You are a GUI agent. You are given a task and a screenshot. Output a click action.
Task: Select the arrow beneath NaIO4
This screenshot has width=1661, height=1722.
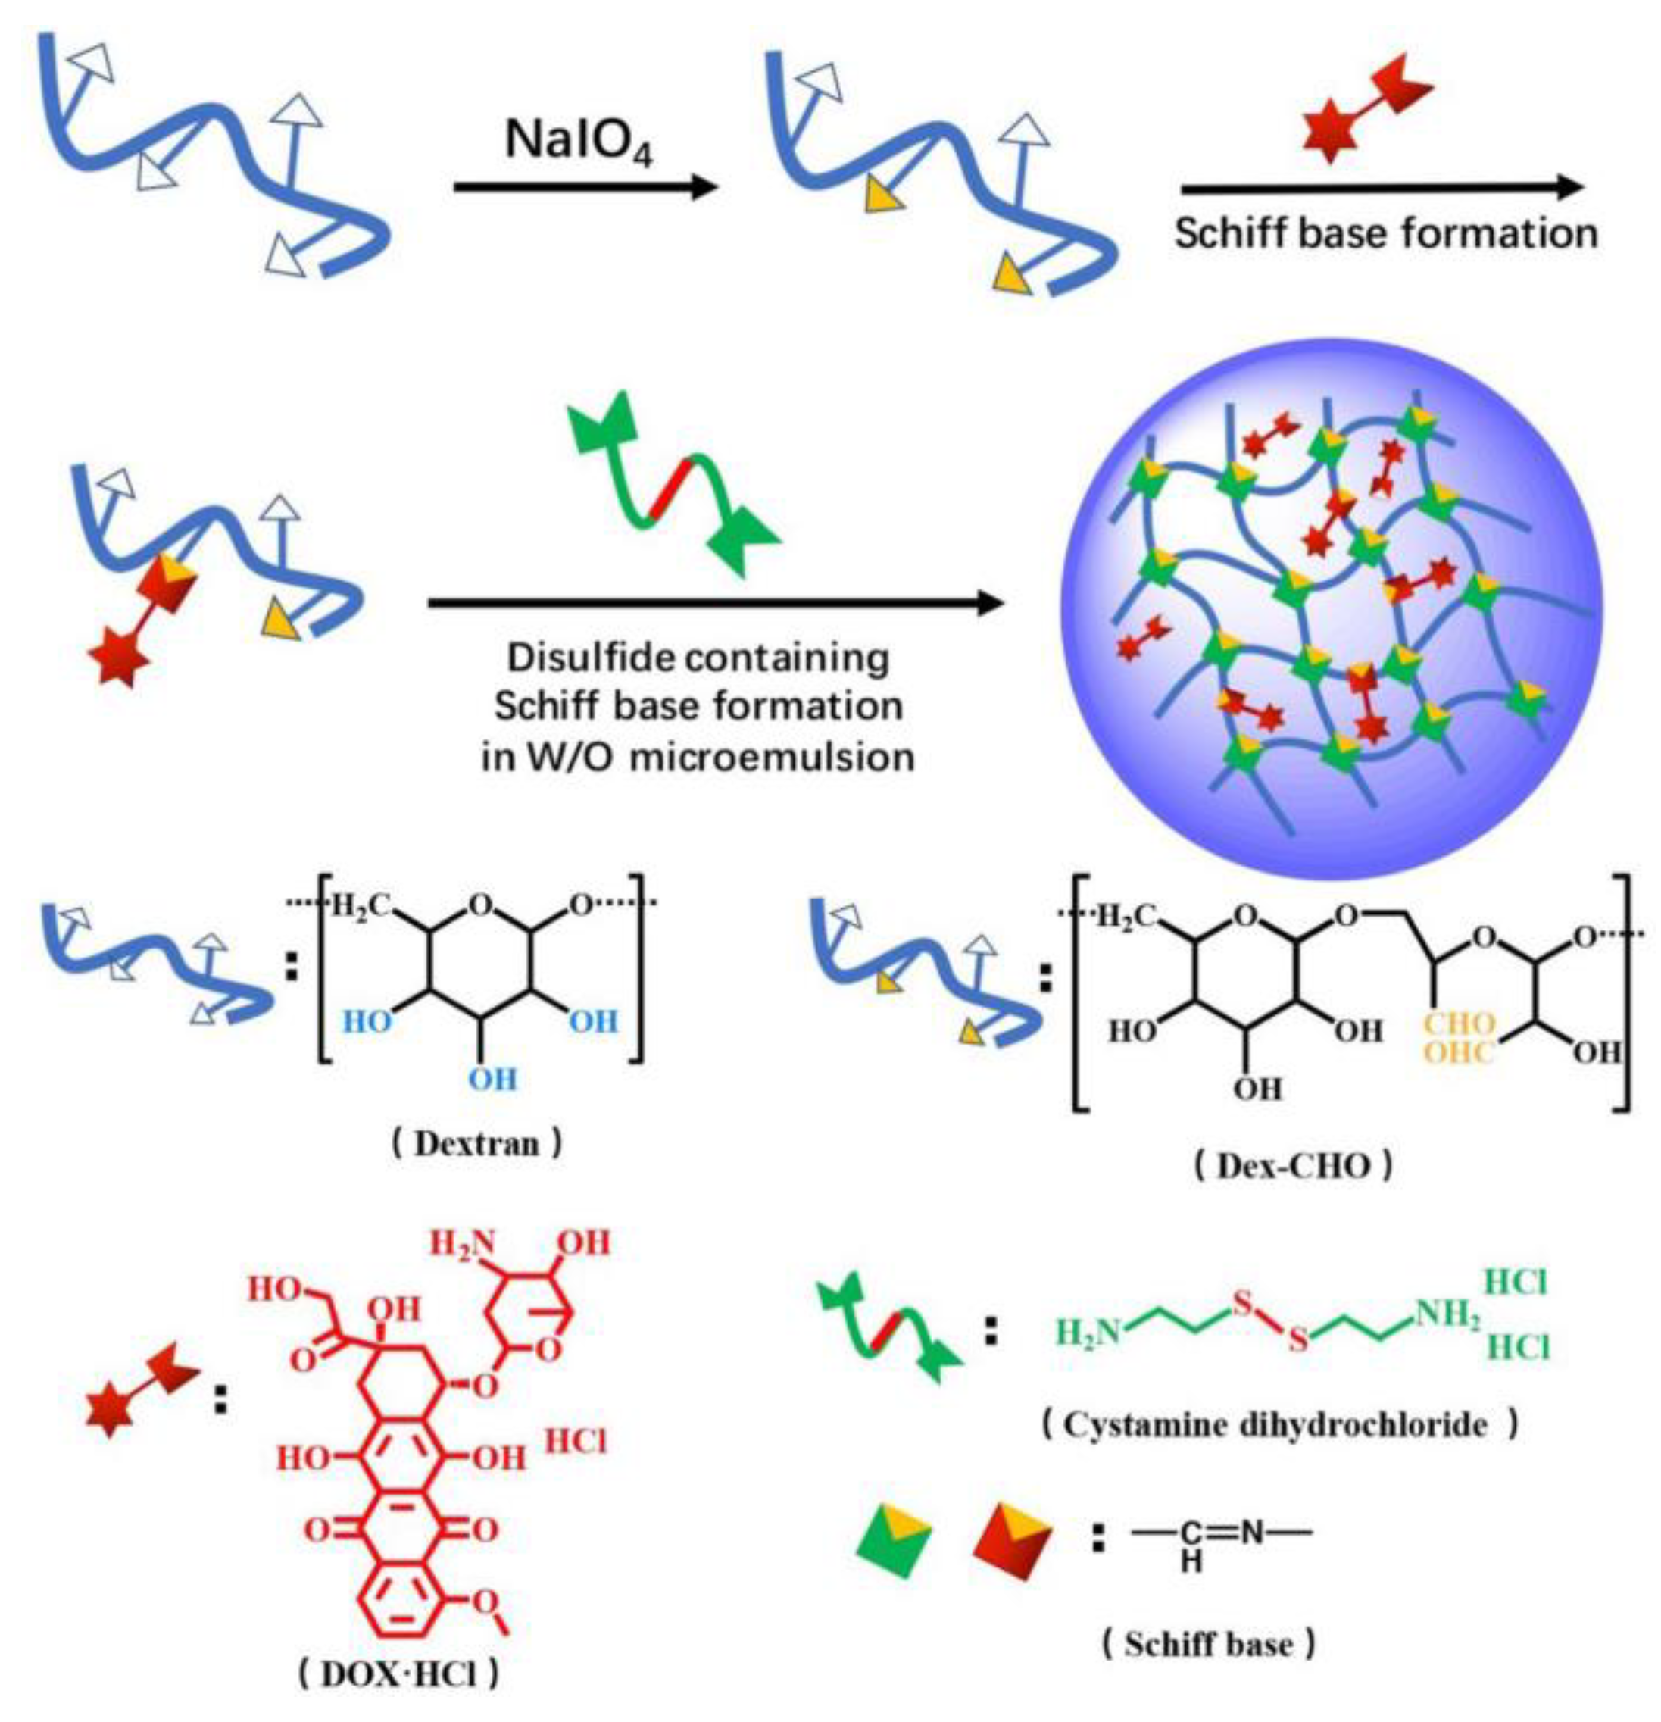click(585, 186)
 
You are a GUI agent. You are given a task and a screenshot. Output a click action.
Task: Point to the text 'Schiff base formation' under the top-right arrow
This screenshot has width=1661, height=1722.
click(1385, 233)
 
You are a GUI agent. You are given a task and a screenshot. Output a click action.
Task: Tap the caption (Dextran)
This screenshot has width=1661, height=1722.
click(475, 1144)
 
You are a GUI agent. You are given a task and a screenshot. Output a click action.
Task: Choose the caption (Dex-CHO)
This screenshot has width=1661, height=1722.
click(1293, 1166)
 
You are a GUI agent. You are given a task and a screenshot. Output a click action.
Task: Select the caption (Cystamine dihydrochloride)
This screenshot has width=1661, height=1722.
click(1280, 1424)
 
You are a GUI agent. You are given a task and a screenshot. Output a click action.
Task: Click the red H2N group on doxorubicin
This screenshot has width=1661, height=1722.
click(462, 1244)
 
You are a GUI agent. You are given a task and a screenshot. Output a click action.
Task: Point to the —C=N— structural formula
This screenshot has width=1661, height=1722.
click(1221, 1535)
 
